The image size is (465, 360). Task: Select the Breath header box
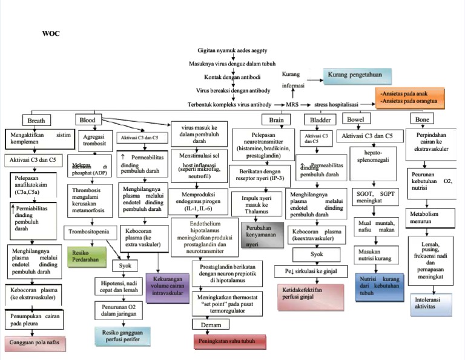(36, 120)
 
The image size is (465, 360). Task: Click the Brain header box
(276, 120)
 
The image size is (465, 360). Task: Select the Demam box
(210, 325)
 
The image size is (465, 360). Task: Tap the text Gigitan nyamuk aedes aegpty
(242, 50)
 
